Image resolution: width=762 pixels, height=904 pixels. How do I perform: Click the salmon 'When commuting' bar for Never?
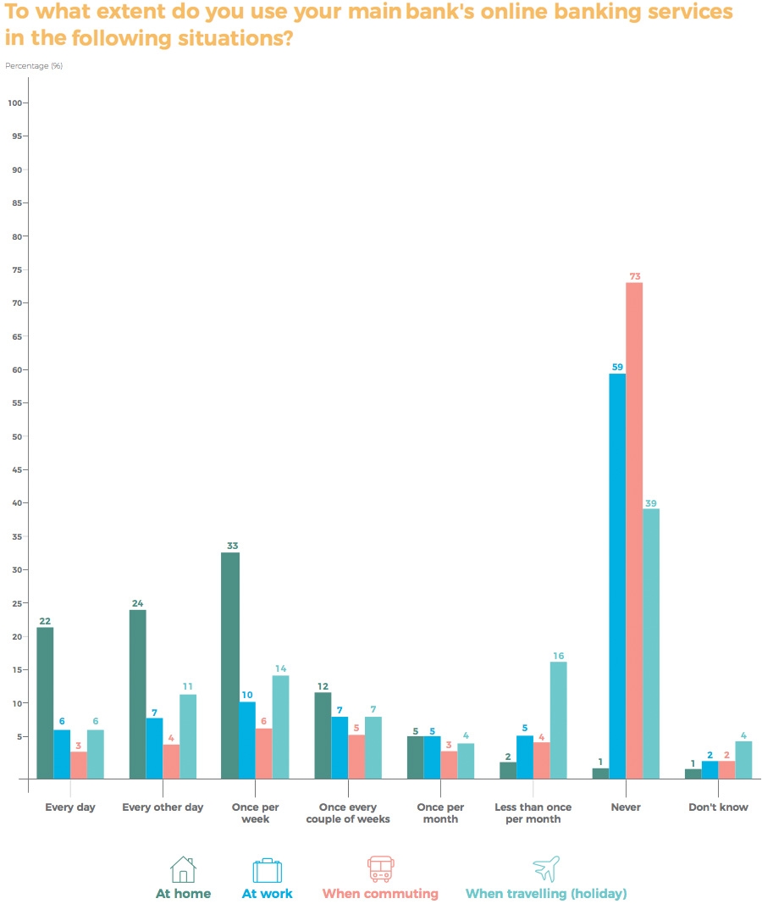(x=634, y=530)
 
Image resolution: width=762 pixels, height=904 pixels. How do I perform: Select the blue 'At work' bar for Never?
(x=617, y=575)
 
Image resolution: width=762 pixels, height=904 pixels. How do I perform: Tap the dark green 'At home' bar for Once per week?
(x=229, y=665)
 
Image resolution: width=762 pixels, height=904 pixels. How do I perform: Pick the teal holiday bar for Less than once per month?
(x=558, y=719)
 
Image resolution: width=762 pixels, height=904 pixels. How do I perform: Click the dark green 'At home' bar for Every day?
(x=45, y=702)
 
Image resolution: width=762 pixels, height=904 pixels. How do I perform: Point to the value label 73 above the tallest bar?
(x=634, y=276)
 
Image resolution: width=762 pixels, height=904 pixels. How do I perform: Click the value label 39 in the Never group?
(x=651, y=503)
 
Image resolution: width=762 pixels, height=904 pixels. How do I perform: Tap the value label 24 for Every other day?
(x=137, y=604)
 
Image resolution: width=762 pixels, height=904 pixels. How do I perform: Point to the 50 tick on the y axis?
(x=16, y=436)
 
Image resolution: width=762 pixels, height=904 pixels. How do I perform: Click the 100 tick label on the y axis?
(x=14, y=103)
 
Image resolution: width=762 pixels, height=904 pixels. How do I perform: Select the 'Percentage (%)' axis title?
(x=34, y=65)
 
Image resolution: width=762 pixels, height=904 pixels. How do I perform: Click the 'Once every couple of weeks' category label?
(x=348, y=812)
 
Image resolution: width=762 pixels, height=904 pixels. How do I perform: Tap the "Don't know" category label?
(x=718, y=807)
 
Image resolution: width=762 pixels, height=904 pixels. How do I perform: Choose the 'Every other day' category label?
(x=163, y=807)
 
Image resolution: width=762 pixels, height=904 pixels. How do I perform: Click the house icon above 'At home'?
(x=183, y=869)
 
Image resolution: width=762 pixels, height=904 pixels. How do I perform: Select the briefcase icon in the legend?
(x=267, y=870)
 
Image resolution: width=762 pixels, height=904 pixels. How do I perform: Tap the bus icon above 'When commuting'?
(x=380, y=869)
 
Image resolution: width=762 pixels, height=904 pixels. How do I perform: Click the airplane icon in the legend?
(x=546, y=869)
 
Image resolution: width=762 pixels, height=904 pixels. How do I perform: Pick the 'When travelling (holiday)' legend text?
(x=546, y=893)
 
